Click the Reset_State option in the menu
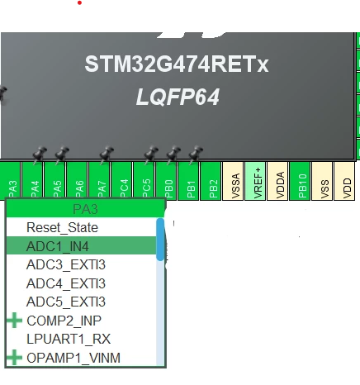(x=62, y=227)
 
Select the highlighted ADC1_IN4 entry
(x=82, y=245)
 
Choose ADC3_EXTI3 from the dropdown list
(x=66, y=264)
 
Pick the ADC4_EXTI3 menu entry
(x=66, y=283)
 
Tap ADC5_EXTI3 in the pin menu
(x=66, y=302)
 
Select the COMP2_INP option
(x=64, y=321)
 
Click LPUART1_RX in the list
(x=69, y=339)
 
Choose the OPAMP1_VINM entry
(x=73, y=358)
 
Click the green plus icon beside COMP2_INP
(x=15, y=321)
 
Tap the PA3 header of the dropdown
(x=85, y=209)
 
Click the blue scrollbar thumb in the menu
(x=160, y=240)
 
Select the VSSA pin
(x=233, y=181)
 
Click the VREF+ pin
(x=255, y=181)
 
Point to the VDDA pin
(x=277, y=181)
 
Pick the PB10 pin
(x=300, y=181)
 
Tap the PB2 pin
(x=211, y=181)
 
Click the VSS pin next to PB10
(x=322, y=181)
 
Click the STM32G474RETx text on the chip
(x=177, y=64)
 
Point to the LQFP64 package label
(x=178, y=97)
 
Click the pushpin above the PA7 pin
(x=107, y=154)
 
